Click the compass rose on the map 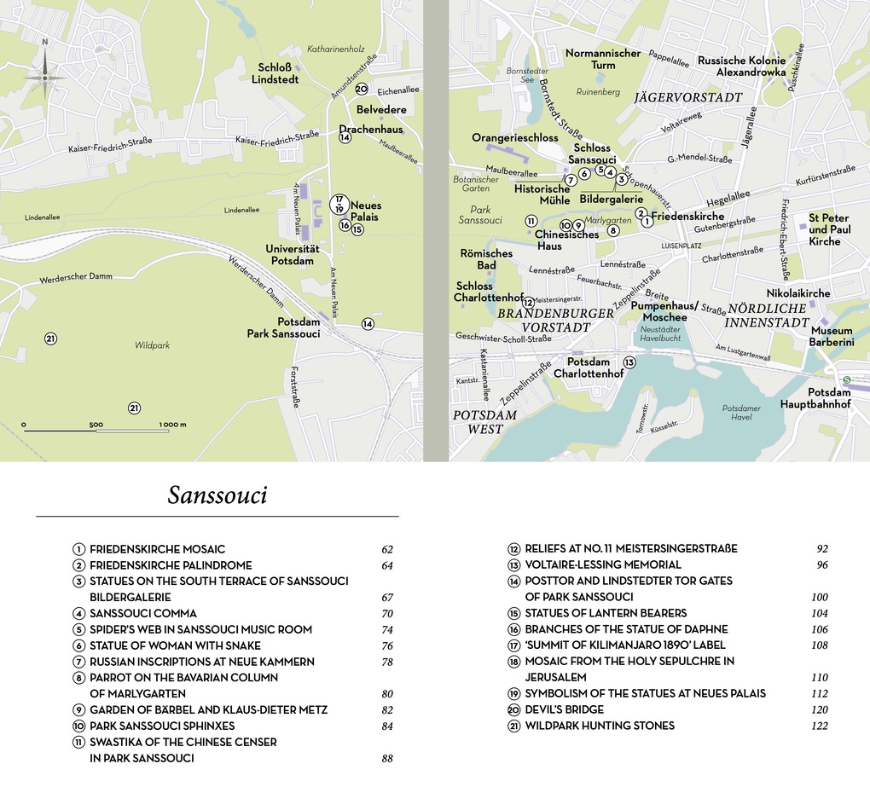click(x=45, y=77)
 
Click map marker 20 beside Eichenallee click(x=362, y=89)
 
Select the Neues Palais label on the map click(x=366, y=211)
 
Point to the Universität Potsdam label click(x=293, y=254)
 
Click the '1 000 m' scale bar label click(x=172, y=425)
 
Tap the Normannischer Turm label click(x=603, y=59)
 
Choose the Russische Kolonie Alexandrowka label click(x=741, y=67)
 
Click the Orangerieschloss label click(x=515, y=137)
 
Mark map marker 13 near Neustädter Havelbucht click(x=629, y=362)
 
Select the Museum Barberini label click(x=832, y=336)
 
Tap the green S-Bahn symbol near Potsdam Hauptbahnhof click(x=847, y=379)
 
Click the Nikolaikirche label click(x=798, y=293)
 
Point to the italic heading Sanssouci click(x=217, y=495)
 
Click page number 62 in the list click(x=387, y=549)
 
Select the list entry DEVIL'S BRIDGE click(x=564, y=709)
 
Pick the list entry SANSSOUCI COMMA click(x=142, y=613)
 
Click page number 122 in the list click(x=820, y=726)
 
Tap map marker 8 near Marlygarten click(x=612, y=229)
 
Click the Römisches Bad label click(x=486, y=259)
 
